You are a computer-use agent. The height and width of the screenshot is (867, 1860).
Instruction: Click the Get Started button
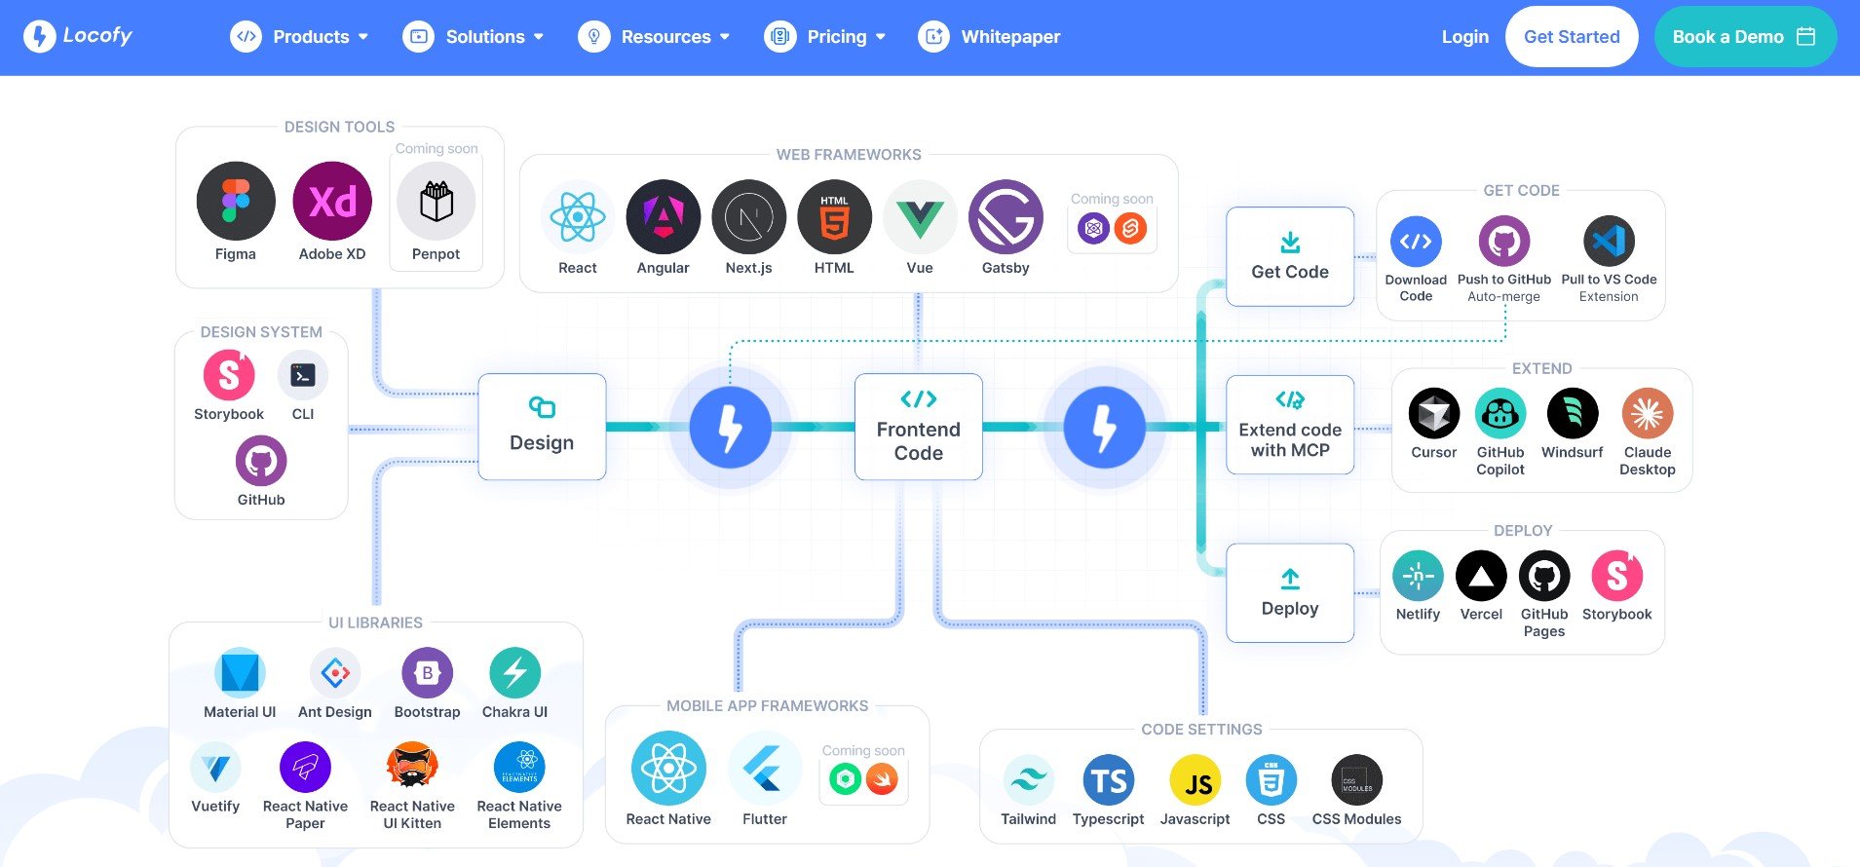1572,37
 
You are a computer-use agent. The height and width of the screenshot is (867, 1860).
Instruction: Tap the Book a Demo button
1745,37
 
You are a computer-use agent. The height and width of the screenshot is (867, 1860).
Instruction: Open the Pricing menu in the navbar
825,37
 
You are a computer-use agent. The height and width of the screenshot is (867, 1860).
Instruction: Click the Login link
1465,37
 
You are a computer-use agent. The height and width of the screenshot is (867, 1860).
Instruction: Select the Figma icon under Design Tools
236,201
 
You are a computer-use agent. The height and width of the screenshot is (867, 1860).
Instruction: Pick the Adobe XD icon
332,201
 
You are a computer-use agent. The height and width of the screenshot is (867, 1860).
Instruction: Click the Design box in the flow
542,427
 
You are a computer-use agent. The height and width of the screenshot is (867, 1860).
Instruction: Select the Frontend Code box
918,427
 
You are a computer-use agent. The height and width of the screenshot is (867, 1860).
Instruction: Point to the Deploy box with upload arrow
1290,593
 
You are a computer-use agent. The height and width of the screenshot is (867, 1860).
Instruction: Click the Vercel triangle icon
1481,576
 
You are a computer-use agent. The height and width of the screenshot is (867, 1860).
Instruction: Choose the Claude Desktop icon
1648,413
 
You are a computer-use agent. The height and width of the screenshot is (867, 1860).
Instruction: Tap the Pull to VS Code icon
1609,241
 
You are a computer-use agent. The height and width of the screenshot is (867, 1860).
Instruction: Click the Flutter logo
765,769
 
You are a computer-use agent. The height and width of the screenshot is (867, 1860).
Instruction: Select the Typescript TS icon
1109,780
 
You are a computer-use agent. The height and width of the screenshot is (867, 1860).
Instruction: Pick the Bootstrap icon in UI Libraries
427,672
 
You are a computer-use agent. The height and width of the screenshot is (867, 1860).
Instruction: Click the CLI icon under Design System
303,375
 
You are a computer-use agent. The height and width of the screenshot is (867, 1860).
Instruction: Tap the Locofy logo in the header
78,36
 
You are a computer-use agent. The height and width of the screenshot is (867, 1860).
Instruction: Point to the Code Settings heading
1201,730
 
